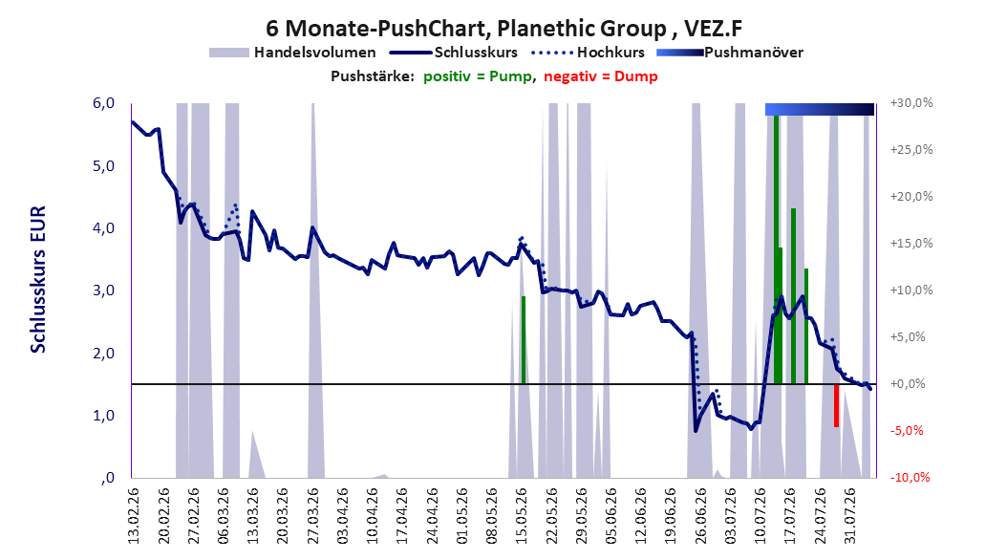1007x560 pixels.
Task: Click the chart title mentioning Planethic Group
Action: [x=503, y=29]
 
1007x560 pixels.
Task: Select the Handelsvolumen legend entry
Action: [x=293, y=53]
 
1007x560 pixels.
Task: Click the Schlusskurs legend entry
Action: [x=454, y=53]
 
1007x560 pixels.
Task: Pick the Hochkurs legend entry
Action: [x=589, y=53]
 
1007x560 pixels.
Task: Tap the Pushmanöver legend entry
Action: [x=730, y=53]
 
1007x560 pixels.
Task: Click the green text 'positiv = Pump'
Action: [x=478, y=76]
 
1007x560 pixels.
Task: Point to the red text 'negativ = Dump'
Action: [x=601, y=76]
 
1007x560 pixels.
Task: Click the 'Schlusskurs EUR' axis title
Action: [x=38, y=279]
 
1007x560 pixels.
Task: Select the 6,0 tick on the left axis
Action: [x=103, y=103]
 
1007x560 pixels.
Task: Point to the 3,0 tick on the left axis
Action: [x=103, y=291]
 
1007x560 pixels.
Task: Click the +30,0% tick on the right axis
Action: [x=911, y=103]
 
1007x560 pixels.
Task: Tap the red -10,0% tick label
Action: [x=910, y=477]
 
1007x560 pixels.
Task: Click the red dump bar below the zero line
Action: [x=836, y=405]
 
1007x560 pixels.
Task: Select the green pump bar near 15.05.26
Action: [x=524, y=339]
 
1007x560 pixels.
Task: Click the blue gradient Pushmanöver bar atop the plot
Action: [x=820, y=109]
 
